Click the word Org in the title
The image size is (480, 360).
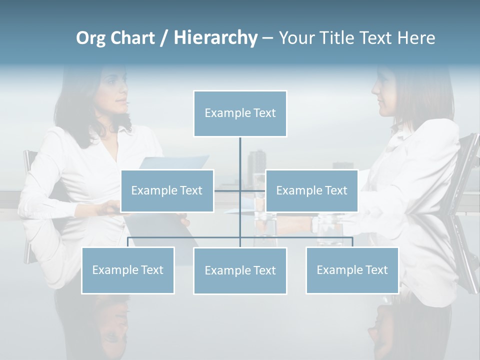(x=90, y=38)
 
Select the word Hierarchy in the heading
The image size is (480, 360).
(x=215, y=38)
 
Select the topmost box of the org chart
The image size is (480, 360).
(x=240, y=113)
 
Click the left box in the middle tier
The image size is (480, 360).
(x=167, y=190)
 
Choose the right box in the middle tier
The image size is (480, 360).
(x=311, y=190)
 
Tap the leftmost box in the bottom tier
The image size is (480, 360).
(x=128, y=270)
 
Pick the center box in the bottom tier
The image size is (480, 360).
(x=240, y=270)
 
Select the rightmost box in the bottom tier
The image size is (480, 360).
(x=352, y=270)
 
